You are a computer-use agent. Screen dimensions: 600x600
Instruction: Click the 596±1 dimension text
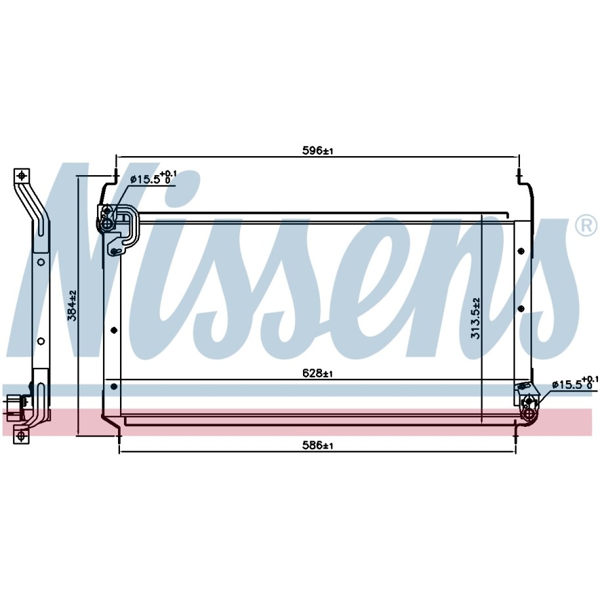(317, 151)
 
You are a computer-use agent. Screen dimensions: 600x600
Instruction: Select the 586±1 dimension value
(317, 445)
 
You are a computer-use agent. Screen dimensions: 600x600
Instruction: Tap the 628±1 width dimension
(317, 372)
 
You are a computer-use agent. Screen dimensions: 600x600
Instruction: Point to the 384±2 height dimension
(72, 306)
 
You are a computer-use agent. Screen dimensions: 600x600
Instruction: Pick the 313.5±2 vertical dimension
(475, 319)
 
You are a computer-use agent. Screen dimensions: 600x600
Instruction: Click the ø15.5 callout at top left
(153, 178)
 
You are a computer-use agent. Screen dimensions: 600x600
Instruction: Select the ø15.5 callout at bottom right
(574, 384)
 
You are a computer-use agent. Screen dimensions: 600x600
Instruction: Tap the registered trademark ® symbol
(586, 226)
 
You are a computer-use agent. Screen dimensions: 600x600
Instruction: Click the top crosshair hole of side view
(22, 176)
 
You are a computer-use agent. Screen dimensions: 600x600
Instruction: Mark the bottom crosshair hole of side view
(21, 435)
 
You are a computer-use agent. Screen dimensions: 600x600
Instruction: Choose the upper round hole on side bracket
(41, 262)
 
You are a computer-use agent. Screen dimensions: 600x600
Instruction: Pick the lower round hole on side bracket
(41, 340)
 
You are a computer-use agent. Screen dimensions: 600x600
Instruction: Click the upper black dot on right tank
(521, 251)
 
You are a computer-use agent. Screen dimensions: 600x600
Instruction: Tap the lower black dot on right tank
(521, 308)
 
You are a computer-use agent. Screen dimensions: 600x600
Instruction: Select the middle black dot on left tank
(113, 330)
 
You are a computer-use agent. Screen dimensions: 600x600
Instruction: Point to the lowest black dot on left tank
(113, 386)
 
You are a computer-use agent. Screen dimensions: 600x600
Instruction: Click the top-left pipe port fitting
(107, 223)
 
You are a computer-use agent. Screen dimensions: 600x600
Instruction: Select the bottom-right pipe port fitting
(529, 413)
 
